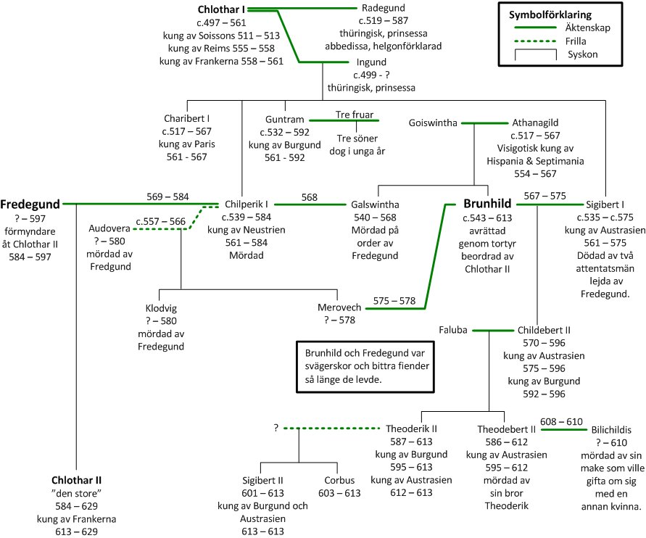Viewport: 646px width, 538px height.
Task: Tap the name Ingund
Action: (372, 62)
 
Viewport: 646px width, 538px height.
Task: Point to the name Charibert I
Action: (186, 118)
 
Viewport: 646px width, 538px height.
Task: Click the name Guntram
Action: (283, 120)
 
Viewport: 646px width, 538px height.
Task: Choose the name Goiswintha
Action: (433, 123)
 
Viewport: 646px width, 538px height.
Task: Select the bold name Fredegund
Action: (30, 204)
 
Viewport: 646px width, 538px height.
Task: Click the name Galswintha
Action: (375, 204)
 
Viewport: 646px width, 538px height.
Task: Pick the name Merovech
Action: (341, 307)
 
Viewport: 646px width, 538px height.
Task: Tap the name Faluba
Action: (454, 330)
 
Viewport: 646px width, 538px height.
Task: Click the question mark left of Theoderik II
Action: (276, 428)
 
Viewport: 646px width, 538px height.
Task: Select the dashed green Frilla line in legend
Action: (530, 41)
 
